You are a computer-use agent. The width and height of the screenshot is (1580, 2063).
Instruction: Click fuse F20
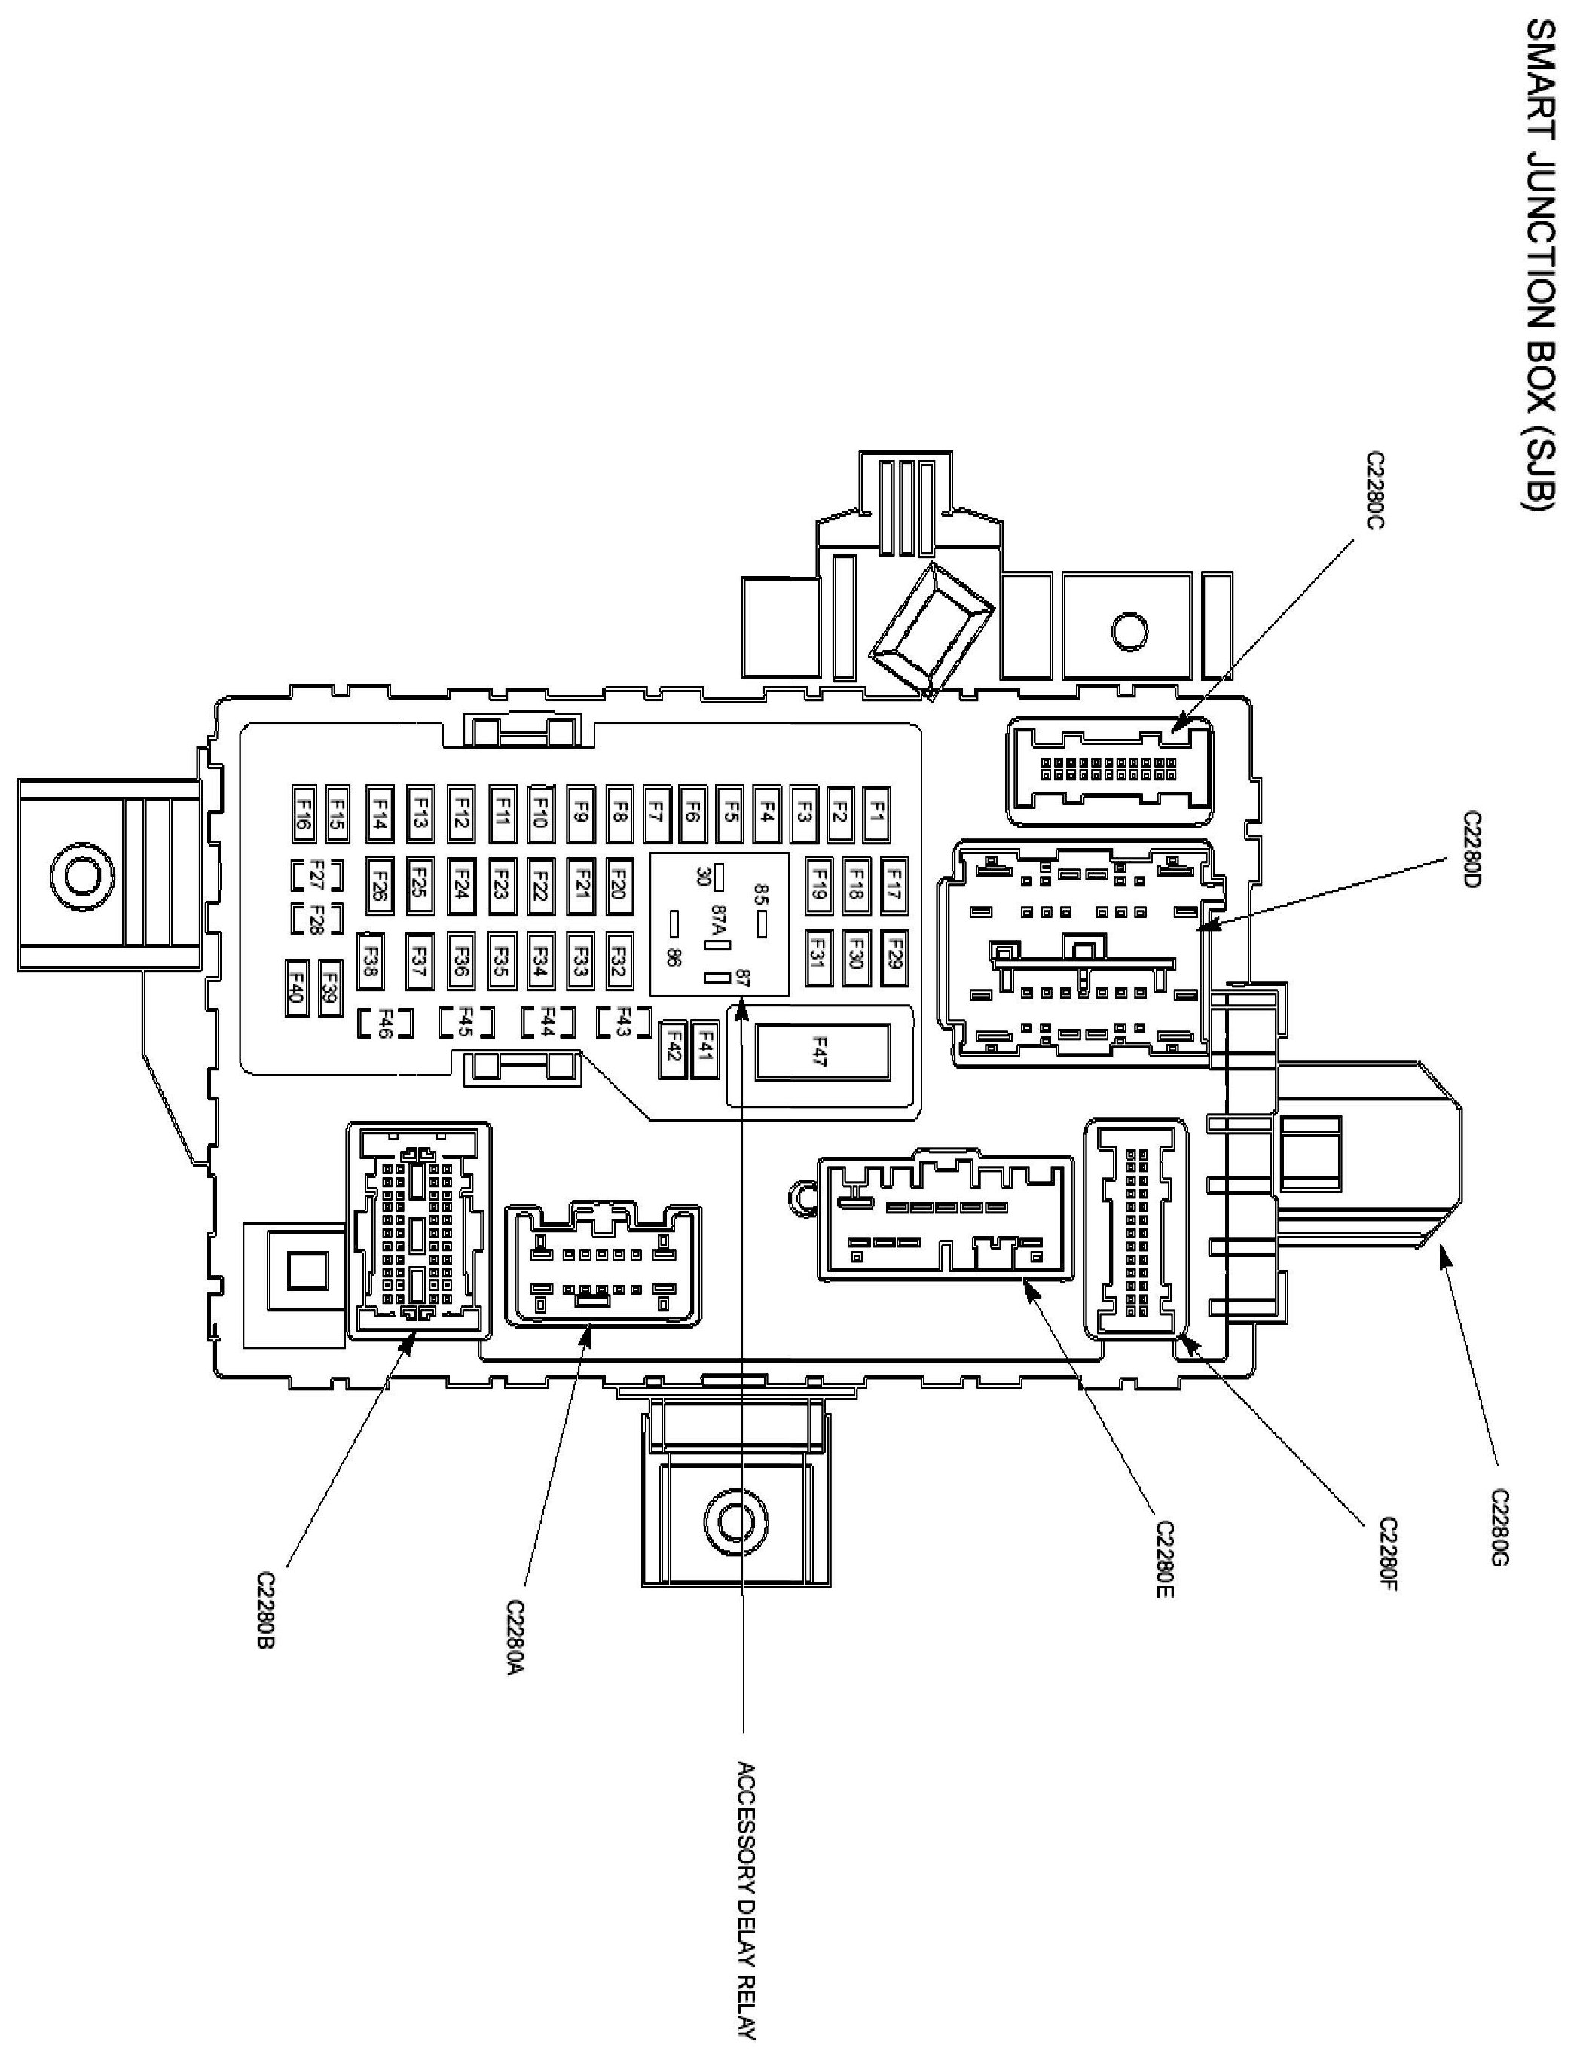click(x=618, y=886)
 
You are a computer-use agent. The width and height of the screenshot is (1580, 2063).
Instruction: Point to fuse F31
click(x=818, y=957)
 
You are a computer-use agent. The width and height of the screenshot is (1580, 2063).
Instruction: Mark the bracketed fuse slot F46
click(x=386, y=1023)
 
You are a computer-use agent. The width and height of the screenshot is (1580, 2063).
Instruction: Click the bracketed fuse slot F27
click(x=316, y=874)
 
